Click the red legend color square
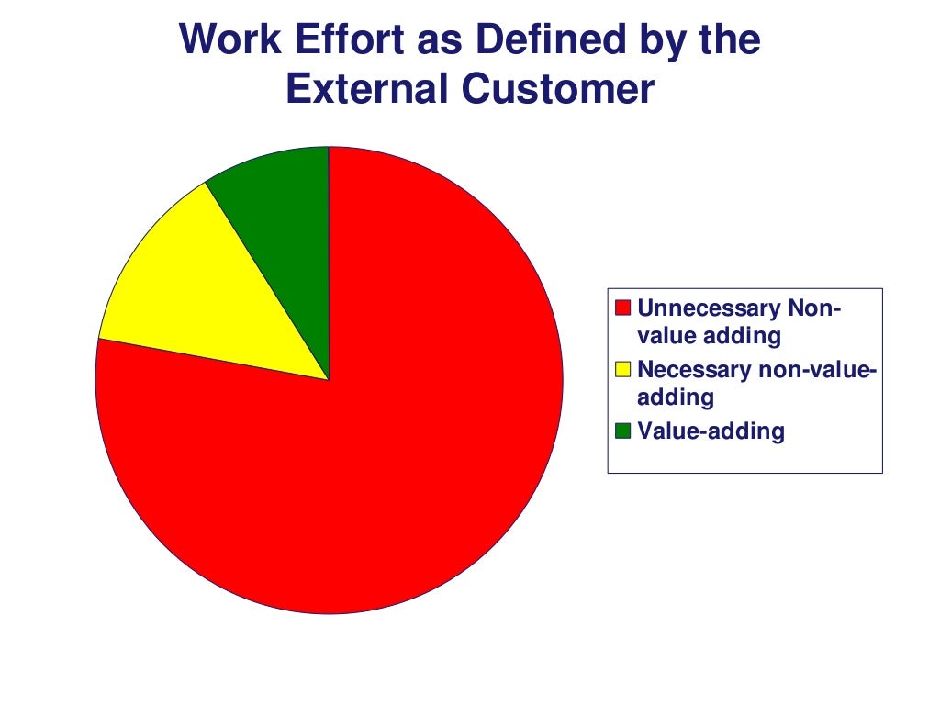[623, 308]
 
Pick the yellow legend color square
[623, 370]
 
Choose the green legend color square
[623, 431]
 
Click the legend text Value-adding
[711, 431]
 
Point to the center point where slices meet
[329, 379]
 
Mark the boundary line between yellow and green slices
[267, 280]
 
